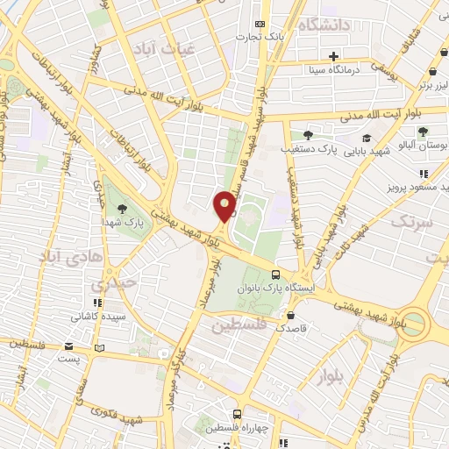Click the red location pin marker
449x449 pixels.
pyautogui.click(x=225, y=206)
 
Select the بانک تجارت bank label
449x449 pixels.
pyautogui.click(x=262, y=37)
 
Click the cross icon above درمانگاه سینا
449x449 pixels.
pyautogui.click(x=334, y=56)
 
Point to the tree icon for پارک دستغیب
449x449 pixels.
pyautogui.click(x=308, y=134)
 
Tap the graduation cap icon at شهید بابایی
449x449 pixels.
pyautogui.click(x=366, y=139)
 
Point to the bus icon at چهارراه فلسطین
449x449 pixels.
pyautogui.click(x=237, y=414)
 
